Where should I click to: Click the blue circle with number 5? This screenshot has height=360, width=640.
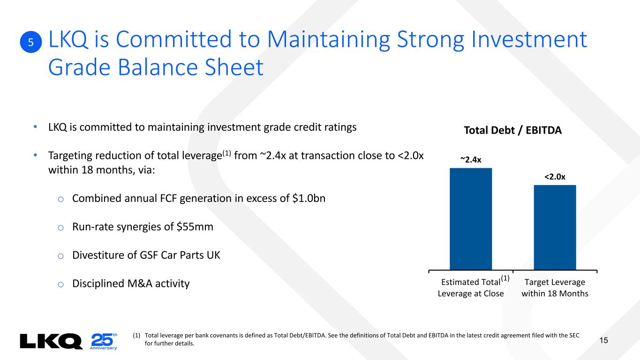pos(31,42)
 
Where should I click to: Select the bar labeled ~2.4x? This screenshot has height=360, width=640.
pos(471,219)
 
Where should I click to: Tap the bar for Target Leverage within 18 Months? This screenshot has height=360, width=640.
pos(555,227)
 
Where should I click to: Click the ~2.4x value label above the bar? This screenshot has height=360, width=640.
pos(471,160)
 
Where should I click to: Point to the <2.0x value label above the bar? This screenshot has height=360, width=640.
pos(555,177)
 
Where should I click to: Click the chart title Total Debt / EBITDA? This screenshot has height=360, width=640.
pos(512,130)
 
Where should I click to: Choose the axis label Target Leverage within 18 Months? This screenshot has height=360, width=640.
pos(555,288)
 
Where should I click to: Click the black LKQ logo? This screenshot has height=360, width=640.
pos(51,341)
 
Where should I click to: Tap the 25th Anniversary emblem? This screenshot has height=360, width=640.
pos(104,341)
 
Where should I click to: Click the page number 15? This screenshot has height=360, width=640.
pos(604,340)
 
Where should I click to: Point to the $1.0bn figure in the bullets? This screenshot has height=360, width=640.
pos(309,198)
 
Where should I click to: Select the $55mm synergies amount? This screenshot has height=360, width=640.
pos(195,227)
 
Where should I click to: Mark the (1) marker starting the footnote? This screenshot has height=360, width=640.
pos(136,336)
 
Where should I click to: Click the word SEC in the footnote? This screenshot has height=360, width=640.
pos(574,336)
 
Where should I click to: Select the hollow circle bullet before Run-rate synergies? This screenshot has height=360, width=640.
pos(60,228)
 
